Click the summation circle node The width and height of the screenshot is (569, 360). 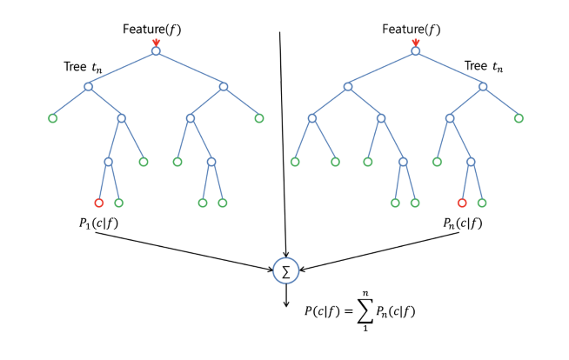[285, 270]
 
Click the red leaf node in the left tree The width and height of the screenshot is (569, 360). [98, 203]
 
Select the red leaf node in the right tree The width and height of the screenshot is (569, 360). [462, 203]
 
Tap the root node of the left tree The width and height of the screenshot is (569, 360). [156, 51]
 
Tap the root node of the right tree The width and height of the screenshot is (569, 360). [416, 51]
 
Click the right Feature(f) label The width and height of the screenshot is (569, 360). [412, 30]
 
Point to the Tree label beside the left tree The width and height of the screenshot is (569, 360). [87, 66]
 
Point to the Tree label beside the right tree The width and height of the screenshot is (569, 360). [484, 66]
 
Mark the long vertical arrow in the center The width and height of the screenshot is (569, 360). [283, 139]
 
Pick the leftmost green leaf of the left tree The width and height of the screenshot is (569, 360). [51, 118]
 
